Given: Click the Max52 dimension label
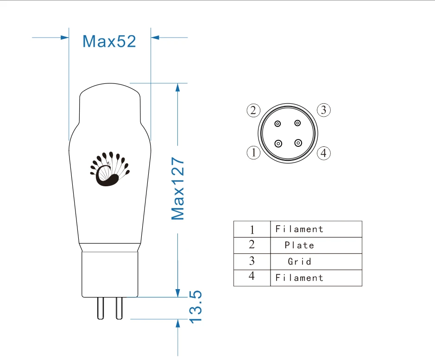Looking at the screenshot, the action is point(109,41).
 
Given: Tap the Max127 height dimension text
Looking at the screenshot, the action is point(178,189).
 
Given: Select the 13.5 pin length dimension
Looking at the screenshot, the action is point(195,307).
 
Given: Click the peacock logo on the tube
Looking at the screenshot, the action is point(110,169).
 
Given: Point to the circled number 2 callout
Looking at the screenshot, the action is point(253,110).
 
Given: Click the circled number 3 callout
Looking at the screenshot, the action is point(324,110).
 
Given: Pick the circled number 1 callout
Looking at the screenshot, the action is point(253,152).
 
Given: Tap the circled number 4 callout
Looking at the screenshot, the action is point(324,153).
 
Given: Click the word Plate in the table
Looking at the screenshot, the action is point(299,245).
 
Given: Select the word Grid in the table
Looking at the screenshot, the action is point(299,261).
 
